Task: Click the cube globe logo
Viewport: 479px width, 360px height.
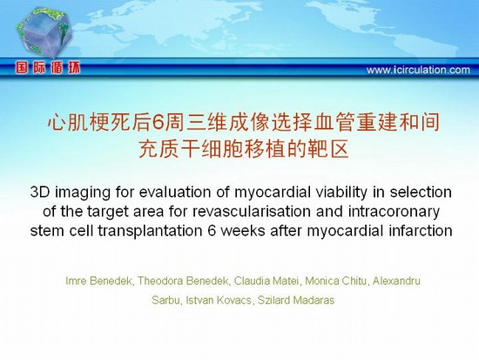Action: (44, 33)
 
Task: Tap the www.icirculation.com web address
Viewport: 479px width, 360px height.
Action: (418, 70)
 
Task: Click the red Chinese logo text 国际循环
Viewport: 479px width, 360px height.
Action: (48, 68)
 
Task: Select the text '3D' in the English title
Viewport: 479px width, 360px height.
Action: (40, 193)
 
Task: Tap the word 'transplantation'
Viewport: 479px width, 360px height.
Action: (150, 231)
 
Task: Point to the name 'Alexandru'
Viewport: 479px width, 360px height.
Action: (396, 281)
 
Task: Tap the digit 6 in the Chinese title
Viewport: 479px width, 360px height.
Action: (157, 123)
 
